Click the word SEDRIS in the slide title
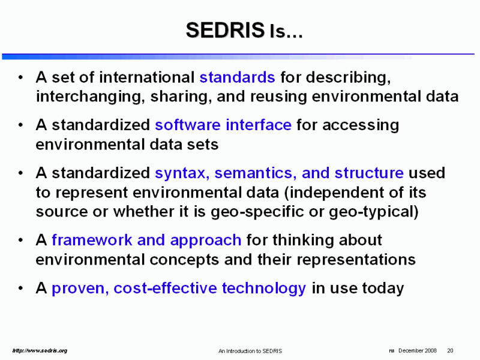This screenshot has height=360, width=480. coord(225,30)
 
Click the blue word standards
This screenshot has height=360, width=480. coord(237,77)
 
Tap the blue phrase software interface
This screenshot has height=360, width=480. coord(223,125)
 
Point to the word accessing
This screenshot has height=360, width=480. coord(361,125)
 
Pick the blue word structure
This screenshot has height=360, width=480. coord(369,173)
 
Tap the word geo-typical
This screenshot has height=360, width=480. coord(373,212)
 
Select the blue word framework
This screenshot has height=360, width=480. coord(92,239)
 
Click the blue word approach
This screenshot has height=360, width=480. coord(206,241)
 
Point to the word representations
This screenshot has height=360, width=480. coord(356,260)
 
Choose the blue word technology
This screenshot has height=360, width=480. coord(264,289)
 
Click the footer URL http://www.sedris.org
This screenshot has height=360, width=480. coord(40,351)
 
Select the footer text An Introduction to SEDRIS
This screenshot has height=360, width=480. coord(250,351)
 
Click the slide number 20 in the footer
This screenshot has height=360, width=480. coord(450,351)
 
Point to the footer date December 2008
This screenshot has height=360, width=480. coord(418,351)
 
